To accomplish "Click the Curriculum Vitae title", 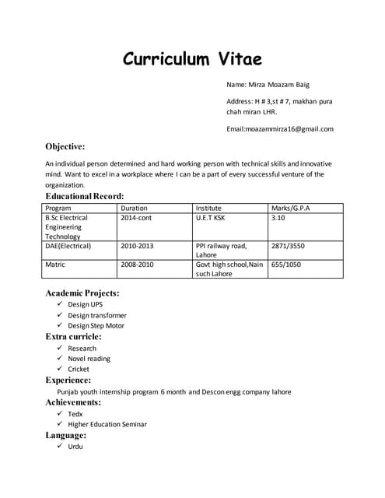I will click(192, 59).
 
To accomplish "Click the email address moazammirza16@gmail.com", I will click(280, 128).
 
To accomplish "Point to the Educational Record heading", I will click(84, 196).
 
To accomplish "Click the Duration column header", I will click(134, 209).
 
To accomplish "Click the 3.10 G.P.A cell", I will click(278, 219).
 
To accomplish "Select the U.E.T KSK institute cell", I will click(212, 219).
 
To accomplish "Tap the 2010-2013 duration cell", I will click(137, 246).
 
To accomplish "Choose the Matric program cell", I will click(57, 265).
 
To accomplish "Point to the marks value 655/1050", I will click(285, 265).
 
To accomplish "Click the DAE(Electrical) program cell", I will click(68, 246).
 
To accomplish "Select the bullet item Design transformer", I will click(96, 315).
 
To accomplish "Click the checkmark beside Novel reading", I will click(61, 359).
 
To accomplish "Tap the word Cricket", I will click(79, 369).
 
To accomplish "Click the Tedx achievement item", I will click(75, 414).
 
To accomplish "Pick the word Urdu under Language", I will click(75, 447).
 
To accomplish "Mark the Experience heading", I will click(68, 381).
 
